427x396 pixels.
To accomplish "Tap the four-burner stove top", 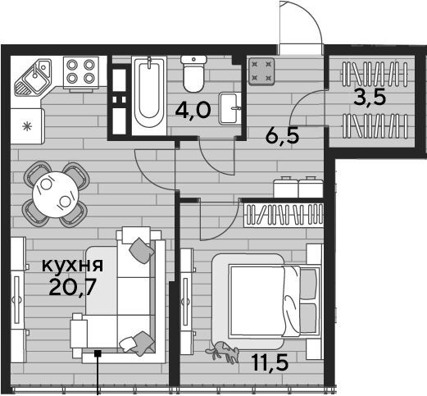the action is (x=81, y=72).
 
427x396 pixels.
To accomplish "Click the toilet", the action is (x=193, y=73).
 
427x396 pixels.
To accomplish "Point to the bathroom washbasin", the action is (x=230, y=108).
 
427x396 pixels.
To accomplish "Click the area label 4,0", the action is (x=193, y=111).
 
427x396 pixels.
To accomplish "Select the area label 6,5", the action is (x=283, y=136).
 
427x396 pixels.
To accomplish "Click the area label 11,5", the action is (x=270, y=362).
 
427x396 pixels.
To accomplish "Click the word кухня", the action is (x=72, y=265).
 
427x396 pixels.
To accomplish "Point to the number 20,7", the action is (x=73, y=287).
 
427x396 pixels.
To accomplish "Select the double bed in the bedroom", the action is (x=275, y=301).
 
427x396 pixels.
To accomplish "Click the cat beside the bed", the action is (x=223, y=352).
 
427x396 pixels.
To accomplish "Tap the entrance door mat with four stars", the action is (x=261, y=72).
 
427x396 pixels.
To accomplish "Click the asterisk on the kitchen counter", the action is (x=27, y=126).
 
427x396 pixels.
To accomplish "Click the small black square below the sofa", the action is (x=98, y=353).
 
